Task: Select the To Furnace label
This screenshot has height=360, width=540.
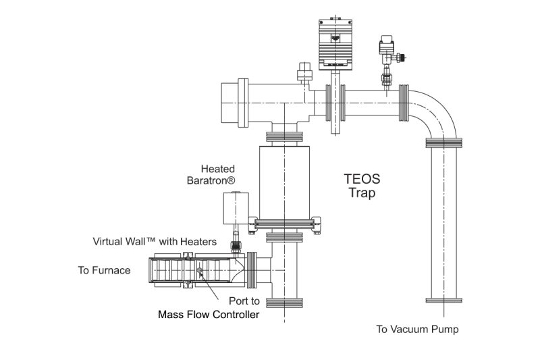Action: (104, 271)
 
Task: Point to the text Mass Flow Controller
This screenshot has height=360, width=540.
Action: (208, 314)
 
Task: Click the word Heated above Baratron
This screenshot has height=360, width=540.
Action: (217, 168)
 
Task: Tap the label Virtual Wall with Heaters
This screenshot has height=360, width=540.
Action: (155, 241)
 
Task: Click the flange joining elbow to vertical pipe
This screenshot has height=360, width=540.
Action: (444, 143)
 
